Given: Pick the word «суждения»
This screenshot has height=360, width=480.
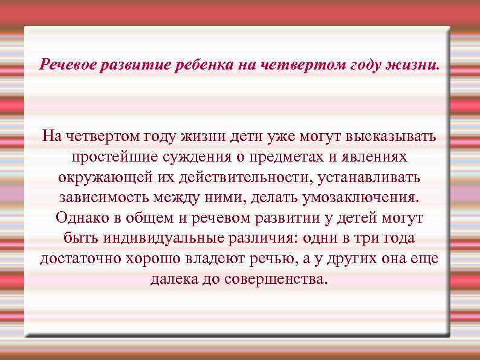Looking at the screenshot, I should tap(189, 157).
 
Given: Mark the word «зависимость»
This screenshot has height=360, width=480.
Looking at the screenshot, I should tap(105, 198).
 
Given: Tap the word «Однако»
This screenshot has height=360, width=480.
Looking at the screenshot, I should tap(80, 218).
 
